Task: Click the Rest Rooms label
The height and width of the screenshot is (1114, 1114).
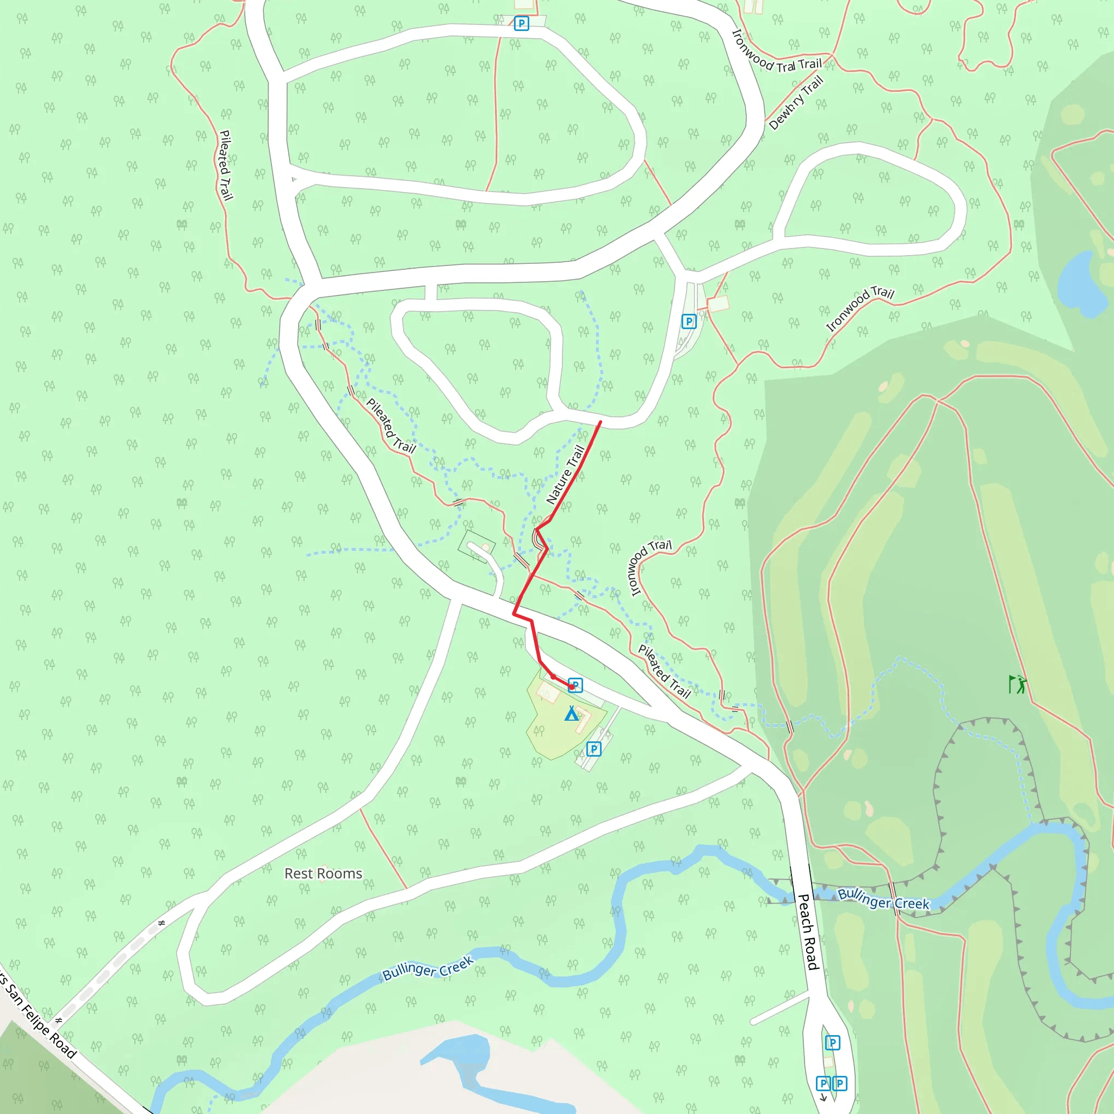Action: [x=323, y=874]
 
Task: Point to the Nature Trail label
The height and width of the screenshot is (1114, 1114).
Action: [x=566, y=474]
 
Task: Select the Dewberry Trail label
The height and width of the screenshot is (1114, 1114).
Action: [x=796, y=103]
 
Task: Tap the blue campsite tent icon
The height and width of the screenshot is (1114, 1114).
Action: [x=572, y=714]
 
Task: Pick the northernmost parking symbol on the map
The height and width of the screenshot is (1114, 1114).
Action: [x=521, y=23]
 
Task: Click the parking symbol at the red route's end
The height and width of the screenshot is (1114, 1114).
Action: [x=575, y=685]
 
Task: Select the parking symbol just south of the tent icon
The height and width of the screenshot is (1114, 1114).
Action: [x=594, y=749]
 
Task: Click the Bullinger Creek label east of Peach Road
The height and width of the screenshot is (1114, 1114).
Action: [x=883, y=899]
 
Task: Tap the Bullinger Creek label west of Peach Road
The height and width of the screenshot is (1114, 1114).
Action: [x=428, y=968]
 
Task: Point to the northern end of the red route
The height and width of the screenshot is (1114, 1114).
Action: [x=601, y=422]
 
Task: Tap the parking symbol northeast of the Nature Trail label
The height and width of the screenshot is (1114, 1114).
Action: [x=689, y=321]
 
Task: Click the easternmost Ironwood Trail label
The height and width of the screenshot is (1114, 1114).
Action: [x=860, y=308]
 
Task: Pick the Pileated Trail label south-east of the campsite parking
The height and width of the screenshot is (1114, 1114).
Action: [x=664, y=672]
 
